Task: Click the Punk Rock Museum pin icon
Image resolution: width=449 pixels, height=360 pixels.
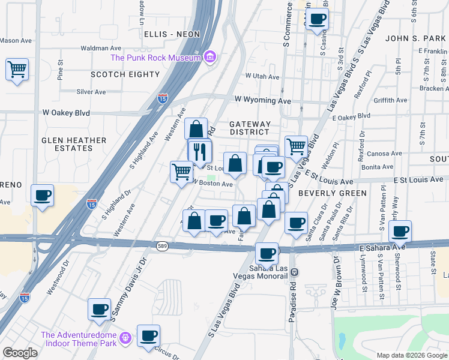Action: click(x=210, y=58)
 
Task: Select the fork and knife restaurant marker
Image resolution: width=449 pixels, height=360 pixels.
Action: click(x=200, y=152)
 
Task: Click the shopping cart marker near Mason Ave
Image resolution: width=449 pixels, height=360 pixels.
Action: click(x=17, y=69)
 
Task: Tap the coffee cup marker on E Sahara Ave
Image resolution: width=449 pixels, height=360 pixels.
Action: click(x=400, y=231)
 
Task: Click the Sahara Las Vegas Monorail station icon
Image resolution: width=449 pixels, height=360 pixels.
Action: click(x=294, y=272)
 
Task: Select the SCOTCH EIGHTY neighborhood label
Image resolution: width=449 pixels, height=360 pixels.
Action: click(x=125, y=74)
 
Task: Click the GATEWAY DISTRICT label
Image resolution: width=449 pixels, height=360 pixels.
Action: click(x=250, y=128)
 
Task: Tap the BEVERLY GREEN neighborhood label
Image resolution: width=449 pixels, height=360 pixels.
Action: click(x=332, y=193)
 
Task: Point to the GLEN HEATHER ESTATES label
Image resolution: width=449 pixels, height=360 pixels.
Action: click(x=74, y=143)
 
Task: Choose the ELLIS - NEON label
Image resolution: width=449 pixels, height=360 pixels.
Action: click(x=172, y=34)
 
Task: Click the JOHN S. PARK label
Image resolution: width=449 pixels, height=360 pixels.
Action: click(x=415, y=38)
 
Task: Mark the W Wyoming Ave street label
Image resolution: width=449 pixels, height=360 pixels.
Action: click(x=262, y=100)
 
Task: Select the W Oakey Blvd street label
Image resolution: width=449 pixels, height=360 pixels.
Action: click(x=66, y=112)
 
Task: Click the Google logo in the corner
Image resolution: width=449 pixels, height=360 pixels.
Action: click(x=20, y=353)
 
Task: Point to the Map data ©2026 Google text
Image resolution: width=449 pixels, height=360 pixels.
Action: click(x=412, y=355)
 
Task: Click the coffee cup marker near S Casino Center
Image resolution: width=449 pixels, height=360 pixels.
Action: click(x=317, y=19)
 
